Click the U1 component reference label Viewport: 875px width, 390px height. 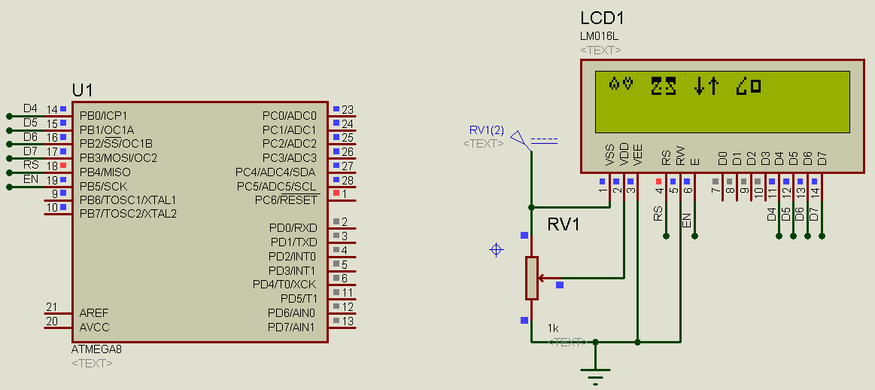(82, 90)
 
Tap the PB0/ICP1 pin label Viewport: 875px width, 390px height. (103, 115)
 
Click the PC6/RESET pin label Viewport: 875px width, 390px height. (286, 200)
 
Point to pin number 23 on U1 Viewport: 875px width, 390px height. (347, 110)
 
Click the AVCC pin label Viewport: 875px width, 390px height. (94, 327)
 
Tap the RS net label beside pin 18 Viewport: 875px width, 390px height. (31, 165)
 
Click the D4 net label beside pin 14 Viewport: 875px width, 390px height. (30, 108)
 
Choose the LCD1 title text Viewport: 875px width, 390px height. (602, 19)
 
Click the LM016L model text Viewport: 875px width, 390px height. (600, 36)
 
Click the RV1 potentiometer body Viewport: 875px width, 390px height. (532, 278)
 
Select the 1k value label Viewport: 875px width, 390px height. (553, 328)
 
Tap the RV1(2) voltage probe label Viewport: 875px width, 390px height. (486, 130)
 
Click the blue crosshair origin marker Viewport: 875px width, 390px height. (496, 249)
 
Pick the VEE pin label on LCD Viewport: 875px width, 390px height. (638, 158)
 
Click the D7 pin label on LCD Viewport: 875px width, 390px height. (822, 158)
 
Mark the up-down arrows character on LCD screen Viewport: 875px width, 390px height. (706, 86)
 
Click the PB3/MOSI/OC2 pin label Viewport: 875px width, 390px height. (118, 157)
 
